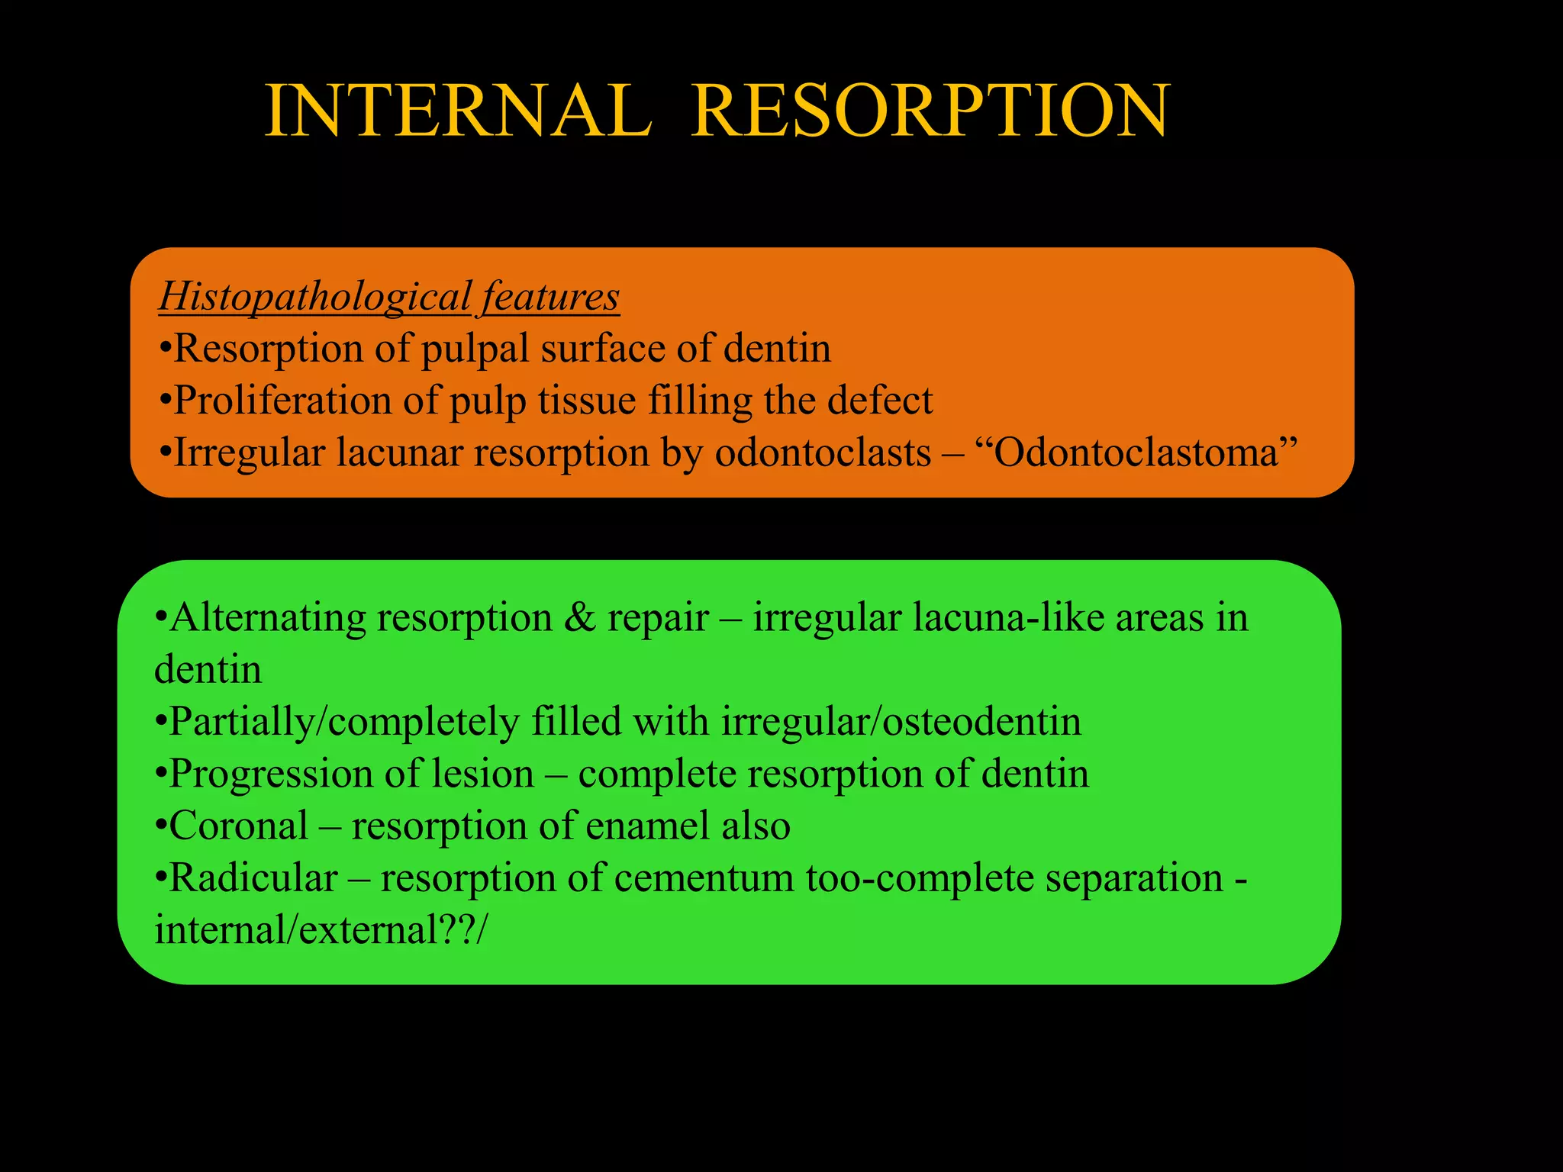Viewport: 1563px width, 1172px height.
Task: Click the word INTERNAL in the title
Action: coord(458,111)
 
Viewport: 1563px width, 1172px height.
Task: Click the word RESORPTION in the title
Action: coord(930,111)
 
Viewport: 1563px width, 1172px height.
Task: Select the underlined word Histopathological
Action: coord(315,297)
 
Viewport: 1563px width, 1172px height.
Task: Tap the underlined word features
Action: coord(550,297)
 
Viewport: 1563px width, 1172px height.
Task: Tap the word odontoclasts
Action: coord(823,452)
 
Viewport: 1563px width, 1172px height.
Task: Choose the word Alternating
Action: coord(267,617)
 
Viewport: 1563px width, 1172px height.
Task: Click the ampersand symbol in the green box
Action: coord(580,617)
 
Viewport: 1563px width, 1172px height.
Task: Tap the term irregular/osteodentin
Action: coord(901,722)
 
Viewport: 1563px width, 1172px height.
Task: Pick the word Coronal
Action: coord(239,826)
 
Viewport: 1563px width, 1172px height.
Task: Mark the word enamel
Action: coord(657,826)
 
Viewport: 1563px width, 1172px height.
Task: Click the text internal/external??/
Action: coord(319,930)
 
